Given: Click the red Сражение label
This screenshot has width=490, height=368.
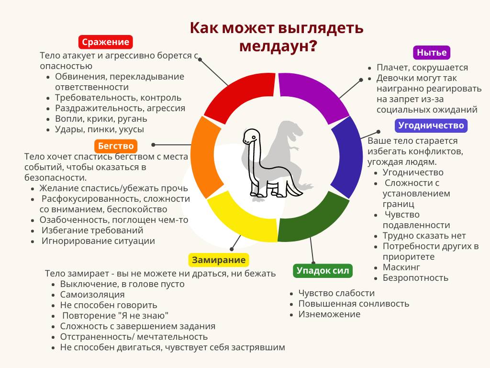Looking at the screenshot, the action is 106,42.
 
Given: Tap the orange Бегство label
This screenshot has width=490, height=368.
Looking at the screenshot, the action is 116,146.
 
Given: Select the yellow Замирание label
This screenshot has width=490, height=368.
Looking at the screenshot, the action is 219,260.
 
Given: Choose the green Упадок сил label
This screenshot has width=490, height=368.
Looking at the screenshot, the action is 323,271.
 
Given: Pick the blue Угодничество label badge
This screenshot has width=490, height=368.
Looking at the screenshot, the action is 431,126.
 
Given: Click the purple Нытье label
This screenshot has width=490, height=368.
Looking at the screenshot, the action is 432,53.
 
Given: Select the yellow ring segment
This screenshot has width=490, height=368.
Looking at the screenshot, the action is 241,219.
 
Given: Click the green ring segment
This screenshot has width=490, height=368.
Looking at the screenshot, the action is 312,219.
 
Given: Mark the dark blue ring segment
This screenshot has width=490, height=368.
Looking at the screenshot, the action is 347,157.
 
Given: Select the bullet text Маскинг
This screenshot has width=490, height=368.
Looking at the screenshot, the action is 401,267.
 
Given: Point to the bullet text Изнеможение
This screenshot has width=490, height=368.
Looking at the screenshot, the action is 329,314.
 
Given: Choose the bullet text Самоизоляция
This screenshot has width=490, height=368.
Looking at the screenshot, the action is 92,295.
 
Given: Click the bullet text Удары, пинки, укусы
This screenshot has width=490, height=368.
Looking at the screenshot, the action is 100,129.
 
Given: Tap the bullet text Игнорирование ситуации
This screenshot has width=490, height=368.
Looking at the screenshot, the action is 98,241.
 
